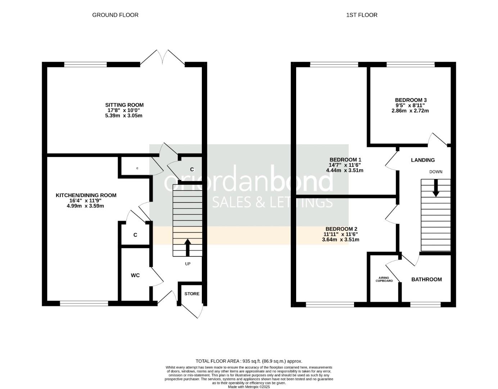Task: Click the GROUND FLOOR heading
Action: [115, 15]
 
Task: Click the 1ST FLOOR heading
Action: [362, 15]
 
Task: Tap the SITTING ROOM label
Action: [124, 105]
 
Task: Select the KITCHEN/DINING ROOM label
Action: [86, 195]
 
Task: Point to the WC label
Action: [135, 275]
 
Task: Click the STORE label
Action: [192, 294]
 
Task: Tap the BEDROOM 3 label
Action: [411, 100]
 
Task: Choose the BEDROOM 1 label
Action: [345, 160]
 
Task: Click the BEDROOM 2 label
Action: [341, 229]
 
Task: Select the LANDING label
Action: [423, 160]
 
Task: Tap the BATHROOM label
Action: [426, 280]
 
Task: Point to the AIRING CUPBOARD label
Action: [384, 279]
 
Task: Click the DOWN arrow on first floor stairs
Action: [436, 189]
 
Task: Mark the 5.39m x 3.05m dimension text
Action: [124, 116]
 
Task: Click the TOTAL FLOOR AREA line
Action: [249, 361]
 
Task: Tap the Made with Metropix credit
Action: [249, 387]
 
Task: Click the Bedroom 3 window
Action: [410, 65]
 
